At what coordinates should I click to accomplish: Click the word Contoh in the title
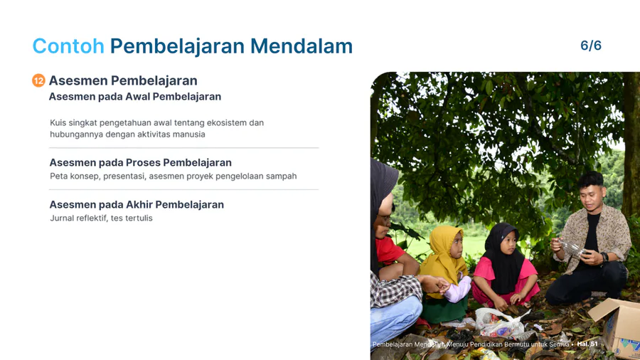[x=68, y=46]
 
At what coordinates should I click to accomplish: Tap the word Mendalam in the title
[x=302, y=46]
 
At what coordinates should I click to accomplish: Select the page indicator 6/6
[x=591, y=46]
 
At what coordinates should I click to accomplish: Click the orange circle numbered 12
[x=38, y=80]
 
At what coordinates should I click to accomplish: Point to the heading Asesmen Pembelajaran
[x=123, y=80]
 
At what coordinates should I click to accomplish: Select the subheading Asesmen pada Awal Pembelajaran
[x=134, y=96]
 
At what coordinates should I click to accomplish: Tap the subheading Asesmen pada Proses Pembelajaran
[x=140, y=162]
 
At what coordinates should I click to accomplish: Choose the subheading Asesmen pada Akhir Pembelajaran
[x=137, y=204]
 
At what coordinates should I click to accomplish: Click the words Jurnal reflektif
[x=78, y=218]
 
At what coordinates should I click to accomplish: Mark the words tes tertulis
[x=132, y=218]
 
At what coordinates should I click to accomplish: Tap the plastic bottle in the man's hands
[x=572, y=248]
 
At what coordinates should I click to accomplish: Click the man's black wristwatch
[x=604, y=257]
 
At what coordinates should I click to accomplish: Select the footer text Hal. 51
[x=587, y=344]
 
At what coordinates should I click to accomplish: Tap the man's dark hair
[x=590, y=179]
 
